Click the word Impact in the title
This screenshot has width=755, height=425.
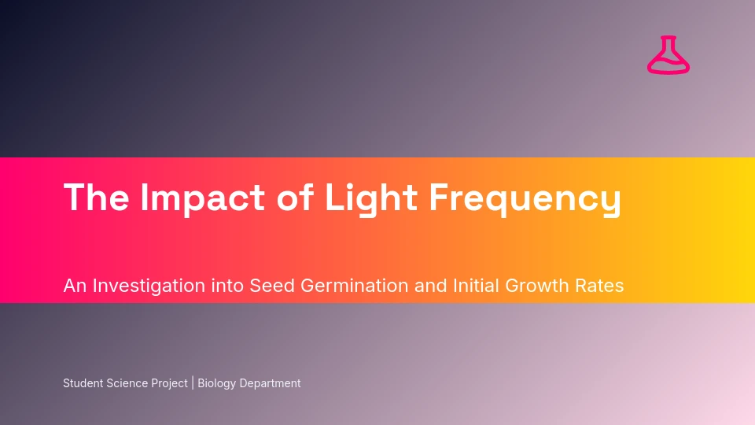(x=203, y=198)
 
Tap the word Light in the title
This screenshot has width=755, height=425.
(x=370, y=198)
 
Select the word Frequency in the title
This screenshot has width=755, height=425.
(x=525, y=198)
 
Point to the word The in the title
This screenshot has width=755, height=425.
(x=96, y=197)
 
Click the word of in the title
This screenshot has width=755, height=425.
(x=295, y=197)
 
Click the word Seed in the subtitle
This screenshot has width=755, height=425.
(x=271, y=286)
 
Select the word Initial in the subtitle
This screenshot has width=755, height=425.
(x=476, y=286)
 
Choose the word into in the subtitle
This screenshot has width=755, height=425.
(x=227, y=286)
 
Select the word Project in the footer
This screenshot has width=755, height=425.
(x=169, y=383)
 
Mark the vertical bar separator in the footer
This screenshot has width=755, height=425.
(x=193, y=383)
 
